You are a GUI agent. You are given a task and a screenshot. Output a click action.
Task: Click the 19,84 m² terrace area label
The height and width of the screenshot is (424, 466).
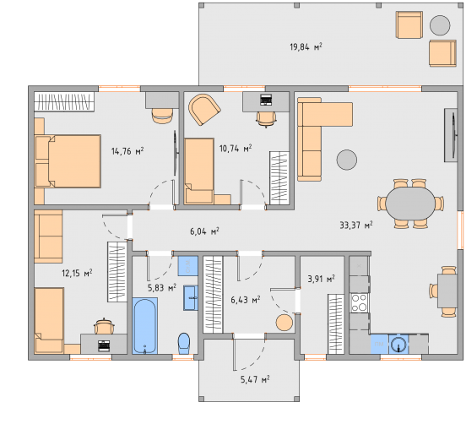point(306,47)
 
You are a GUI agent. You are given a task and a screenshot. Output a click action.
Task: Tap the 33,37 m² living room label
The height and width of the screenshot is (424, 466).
point(356,225)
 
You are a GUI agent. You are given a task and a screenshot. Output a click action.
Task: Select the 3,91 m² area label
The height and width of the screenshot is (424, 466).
point(321,279)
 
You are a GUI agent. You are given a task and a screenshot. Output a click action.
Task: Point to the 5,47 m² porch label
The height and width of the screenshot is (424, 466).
point(255,379)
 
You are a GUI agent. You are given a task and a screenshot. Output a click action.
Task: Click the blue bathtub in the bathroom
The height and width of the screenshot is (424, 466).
point(144,325)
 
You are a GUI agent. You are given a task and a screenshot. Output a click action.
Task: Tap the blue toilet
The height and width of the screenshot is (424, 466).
point(184,344)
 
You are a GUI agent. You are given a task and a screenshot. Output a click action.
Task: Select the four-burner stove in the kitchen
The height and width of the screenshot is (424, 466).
point(359,302)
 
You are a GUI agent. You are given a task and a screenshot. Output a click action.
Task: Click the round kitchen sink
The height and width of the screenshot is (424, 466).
point(398,345)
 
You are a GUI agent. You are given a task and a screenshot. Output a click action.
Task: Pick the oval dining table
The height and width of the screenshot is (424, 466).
point(410,204)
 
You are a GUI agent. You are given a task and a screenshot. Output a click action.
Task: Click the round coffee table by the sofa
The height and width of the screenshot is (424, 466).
point(346,160)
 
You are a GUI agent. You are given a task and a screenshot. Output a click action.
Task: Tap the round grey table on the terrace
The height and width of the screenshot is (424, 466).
point(440,25)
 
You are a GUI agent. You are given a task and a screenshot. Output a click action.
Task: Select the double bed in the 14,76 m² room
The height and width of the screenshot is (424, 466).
point(68,160)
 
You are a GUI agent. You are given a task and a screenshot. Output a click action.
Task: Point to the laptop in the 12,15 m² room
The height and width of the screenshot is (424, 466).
point(104,345)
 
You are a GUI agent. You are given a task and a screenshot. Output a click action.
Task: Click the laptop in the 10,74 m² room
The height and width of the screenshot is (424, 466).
point(266,100)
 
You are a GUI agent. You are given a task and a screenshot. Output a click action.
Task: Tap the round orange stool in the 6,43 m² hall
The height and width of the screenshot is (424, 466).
point(284,323)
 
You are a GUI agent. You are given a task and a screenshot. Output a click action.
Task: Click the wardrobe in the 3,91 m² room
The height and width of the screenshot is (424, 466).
point(336,324)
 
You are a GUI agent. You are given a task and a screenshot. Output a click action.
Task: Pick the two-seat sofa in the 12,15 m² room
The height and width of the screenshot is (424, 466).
point(48,236)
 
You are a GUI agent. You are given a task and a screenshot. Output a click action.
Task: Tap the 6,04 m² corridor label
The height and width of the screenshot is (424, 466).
point(204,231)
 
